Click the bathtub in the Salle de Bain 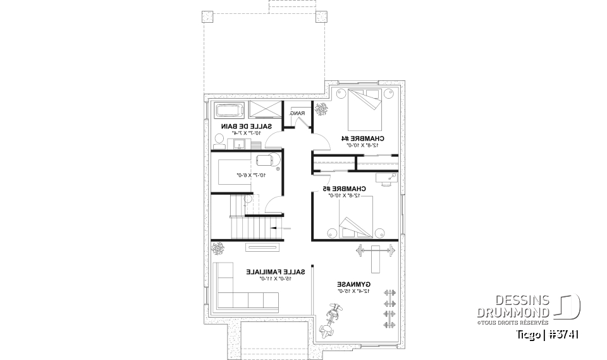229,111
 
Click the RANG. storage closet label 297,113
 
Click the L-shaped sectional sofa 243,289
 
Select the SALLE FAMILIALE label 276,272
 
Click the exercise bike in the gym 331,320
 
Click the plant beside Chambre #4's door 321,109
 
